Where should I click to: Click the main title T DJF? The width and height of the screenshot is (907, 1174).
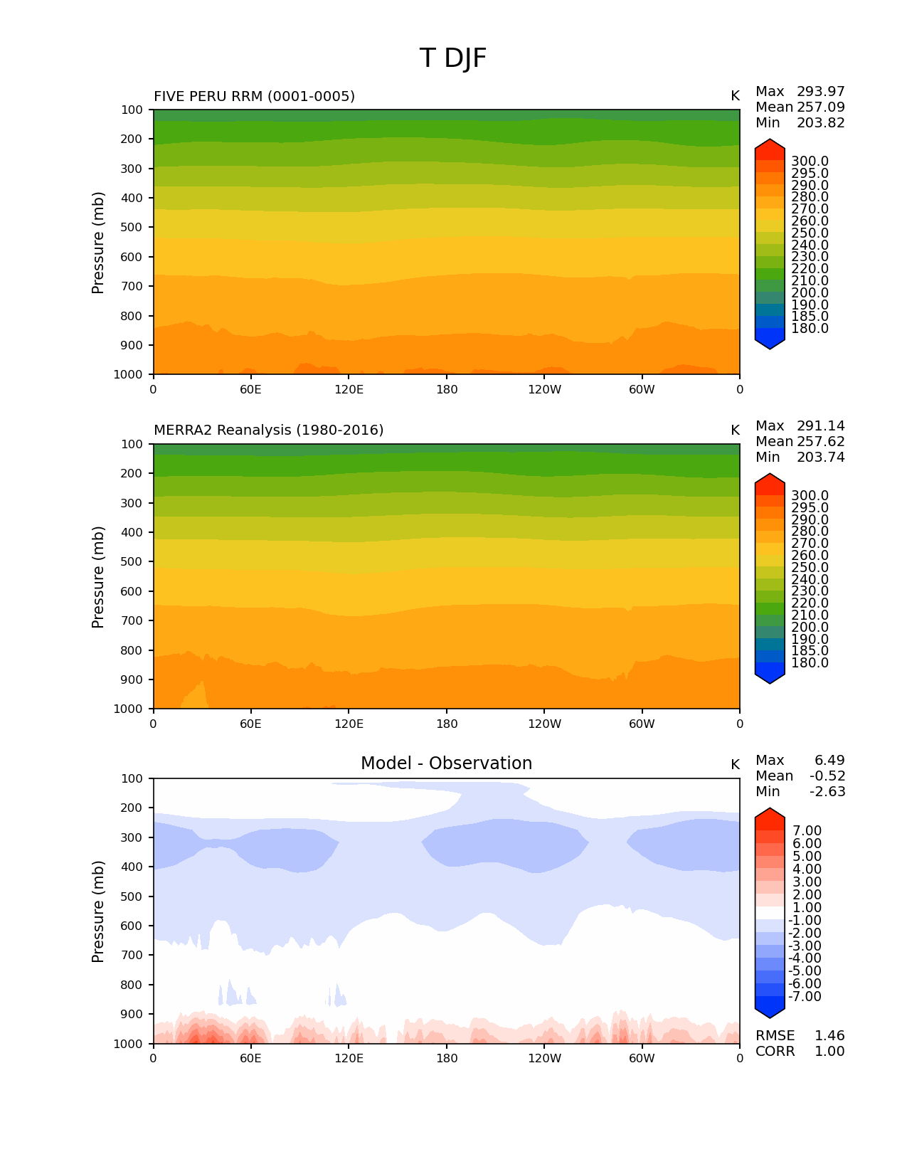[x=453, y=58]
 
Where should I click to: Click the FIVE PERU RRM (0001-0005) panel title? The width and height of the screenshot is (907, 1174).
[x=254, y=96]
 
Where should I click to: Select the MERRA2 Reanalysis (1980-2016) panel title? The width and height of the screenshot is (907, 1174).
[x=268, y=430]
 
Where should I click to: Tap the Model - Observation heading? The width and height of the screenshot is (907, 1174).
[x=446, y=763]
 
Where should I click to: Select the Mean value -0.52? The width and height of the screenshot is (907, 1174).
[x=827, y=776]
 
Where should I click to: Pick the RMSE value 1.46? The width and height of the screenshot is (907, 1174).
[x=829, y=1036]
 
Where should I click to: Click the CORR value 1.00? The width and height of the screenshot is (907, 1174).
[x=829, y=1052]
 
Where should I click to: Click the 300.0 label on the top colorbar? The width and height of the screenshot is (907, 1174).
[x=810, y=162]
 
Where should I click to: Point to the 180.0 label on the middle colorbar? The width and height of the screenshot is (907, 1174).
[x=810, y=663]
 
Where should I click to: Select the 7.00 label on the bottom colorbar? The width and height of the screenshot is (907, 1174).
[x=807, y=831]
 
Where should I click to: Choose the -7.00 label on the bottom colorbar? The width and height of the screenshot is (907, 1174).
[x=805, y=997]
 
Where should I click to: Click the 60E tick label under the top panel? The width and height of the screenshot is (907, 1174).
[x=250, y=390]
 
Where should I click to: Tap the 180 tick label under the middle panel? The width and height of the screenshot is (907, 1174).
[x=447, y=724]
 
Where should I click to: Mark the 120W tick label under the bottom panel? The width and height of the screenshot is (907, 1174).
[x=544, y=1059]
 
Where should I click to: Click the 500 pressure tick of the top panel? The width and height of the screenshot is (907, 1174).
[x=132, y=228]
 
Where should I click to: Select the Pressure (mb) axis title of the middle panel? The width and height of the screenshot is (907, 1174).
[x=98, y=577]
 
